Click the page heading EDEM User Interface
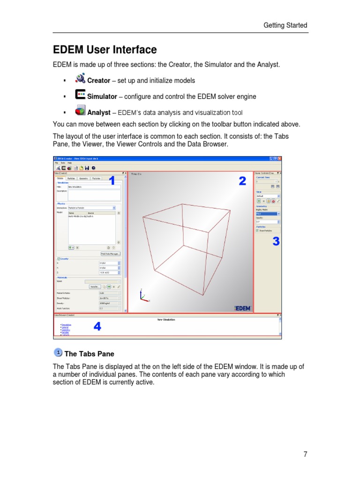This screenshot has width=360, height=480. (105, 50)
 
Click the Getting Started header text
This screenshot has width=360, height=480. (285, 25)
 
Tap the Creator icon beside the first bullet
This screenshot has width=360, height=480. (80, 78)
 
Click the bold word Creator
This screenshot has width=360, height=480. (98, 81)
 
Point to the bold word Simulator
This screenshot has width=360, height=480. (102, 97)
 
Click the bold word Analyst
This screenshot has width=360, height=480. (98, 112)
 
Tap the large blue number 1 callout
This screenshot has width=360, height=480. (112, 181)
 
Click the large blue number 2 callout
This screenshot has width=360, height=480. (242, 181)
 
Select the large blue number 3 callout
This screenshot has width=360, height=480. (276, 241)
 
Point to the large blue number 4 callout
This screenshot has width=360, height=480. (97, 327)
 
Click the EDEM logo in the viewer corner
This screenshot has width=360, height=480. (242, 308)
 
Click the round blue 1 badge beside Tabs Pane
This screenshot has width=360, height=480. (58, 352)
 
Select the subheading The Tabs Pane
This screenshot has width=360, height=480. (89, 354)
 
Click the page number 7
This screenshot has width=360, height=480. (305, 454)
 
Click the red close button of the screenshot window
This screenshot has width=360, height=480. (280, 158)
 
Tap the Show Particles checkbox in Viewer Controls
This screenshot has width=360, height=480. (257, 231)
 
